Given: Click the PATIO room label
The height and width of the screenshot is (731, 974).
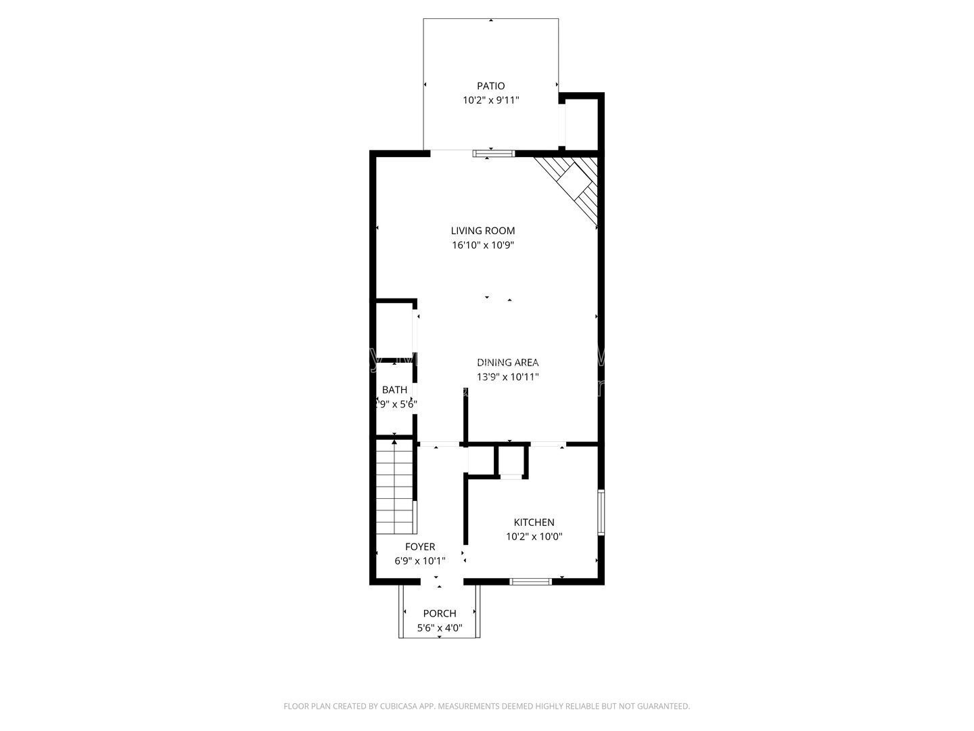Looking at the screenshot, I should pyautogui.click(x=490, y=86).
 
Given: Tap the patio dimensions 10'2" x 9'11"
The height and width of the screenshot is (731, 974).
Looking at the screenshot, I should pyautogui.click(x=490, y=100).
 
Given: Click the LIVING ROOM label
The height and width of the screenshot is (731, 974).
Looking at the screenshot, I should pyautogui.click(x=483, y=231).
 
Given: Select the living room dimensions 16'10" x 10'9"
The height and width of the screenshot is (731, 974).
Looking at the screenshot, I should pyautogui.click(x=483, y=246).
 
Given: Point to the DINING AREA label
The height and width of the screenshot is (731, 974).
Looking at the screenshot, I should pyautogui.click(x=507, y=363).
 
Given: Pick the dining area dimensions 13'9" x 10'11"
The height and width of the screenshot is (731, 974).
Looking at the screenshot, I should pyautogui.click(x=507, y=377).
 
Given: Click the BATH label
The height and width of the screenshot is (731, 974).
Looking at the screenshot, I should pyautogui.click(x=394, y=390).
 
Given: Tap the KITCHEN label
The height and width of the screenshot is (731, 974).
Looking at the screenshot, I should pyautogui.click(x=534, y=523).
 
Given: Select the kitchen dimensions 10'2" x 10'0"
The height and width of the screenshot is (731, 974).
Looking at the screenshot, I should pyautogui.click(x=534, y=537).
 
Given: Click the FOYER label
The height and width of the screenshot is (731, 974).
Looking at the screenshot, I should pyautogui.click(x=419, y=547).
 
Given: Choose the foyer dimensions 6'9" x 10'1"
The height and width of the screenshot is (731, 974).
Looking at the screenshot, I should pyautogui.click(x=419, y=561).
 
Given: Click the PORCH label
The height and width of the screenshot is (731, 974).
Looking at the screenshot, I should pyautogui.click(x=440, y=614).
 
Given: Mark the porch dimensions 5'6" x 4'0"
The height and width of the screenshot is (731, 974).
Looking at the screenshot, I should pyautogui.click(x=440, y=628).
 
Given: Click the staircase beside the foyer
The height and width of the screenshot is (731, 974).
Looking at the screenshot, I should pyautogui.click(x=394, y=486).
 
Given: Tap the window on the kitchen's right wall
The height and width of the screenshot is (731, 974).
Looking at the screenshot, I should pyautogui.click(x=601, y=512).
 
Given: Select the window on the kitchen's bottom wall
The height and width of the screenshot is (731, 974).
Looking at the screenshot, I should pyautogui.click(x=530, y=581).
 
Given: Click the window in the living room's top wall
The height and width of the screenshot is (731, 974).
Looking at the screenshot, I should pyautogui.click(x=494, y=154).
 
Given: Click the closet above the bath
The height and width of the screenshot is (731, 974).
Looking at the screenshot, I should pyautogui.click(x=394, y=332).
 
